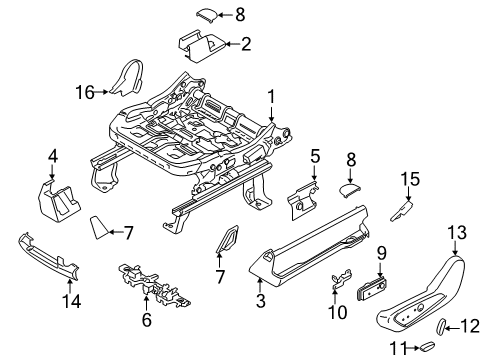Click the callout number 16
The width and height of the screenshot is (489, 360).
click(x=85, y=92)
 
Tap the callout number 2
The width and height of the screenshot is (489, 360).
click(x=246, y=44)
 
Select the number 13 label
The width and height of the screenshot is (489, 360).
click(x=457, y=232)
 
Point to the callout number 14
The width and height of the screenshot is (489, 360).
click(x=71, y=301)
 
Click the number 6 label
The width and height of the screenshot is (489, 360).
click(x=147, y=320)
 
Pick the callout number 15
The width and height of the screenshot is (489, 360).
click(x=410, y=179)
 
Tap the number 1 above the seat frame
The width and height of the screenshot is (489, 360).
click(x=272, y=97)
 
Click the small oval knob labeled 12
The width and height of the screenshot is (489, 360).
click(x=440, y=326)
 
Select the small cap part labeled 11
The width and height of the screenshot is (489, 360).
click(x=427, y=346)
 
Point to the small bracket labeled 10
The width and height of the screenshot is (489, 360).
click(x=341, y=278)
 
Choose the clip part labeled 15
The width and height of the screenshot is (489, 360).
click(x=401, y=211)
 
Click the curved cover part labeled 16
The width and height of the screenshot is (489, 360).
click(x=127, y=77)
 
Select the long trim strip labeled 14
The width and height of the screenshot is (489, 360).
click(x=49, y=255)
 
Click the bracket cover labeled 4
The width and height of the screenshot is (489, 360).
click(x=57, y=201)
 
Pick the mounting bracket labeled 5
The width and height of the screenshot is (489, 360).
click(x=302, y=201)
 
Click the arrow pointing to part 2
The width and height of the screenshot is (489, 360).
click(x=233, y=44)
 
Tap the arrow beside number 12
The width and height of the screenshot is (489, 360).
click(x=452, y=328)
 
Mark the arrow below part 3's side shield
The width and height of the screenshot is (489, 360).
click(x=260, y=286)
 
